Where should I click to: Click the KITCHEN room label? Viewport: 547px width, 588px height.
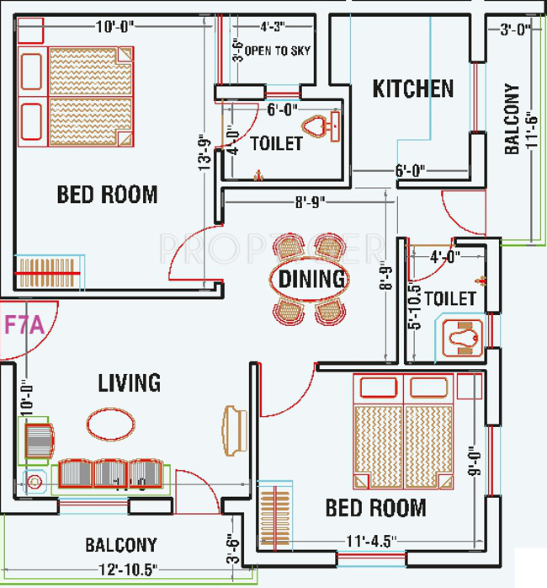click(413, 88)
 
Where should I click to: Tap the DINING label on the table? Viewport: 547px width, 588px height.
click(311, 278)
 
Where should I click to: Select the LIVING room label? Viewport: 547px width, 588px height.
click(129, 383)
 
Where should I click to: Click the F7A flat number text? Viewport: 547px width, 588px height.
click(25, 324)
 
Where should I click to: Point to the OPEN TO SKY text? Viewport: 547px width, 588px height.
click(278, 51)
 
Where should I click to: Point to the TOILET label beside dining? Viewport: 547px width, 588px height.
click(450, 299)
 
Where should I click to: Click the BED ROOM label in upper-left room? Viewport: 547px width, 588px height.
click(107, 195)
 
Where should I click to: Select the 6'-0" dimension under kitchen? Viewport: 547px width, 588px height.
click(409, 170)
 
